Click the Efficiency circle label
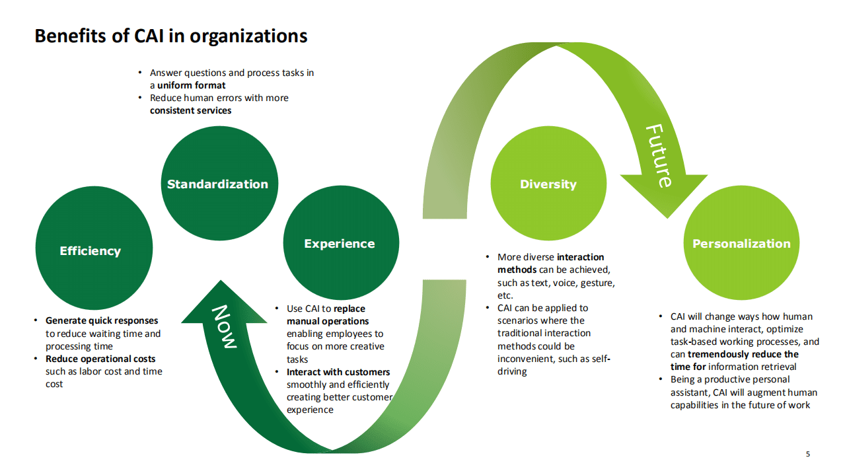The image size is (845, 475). (x=90, y=251)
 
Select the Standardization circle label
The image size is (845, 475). (x=217, y=184)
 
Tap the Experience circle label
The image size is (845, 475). (x=339, y=244)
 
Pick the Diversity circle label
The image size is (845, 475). (x=548, y=184)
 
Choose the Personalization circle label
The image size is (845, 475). (x=741, y=244)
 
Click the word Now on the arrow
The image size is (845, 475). (x=223, y=326)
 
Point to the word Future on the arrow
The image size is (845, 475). (x=659, y=155)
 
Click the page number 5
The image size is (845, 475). (x=807, y=454)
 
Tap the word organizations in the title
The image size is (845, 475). (x=248, y=36)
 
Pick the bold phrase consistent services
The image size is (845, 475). (x=190, y=110)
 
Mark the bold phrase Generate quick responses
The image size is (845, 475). (x=102, y=321)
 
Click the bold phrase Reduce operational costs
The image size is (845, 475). (x=100, y=359)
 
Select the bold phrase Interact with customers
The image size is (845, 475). (x=338, y=372)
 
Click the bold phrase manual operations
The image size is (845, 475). (x=328, y=321)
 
